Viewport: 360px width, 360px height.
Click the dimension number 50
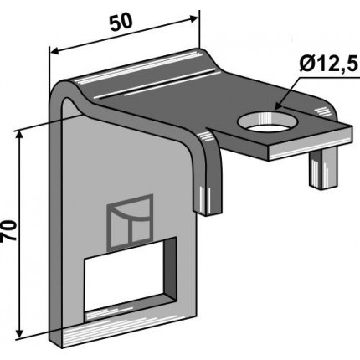[120, 22]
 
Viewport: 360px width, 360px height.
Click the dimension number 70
[8, 230]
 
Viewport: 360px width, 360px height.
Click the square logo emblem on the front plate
[131, 222]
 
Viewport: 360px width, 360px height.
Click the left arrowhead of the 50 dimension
[55, 52]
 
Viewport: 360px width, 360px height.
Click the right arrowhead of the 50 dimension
[193, 18]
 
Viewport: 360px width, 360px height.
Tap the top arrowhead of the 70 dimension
[19, 136]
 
